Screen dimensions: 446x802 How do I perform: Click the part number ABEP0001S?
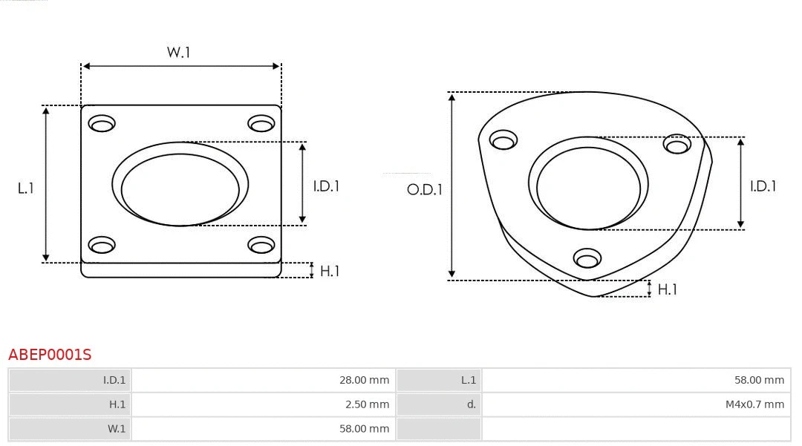[x=50, y=355]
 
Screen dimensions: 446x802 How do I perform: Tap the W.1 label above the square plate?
[x=178, y=53]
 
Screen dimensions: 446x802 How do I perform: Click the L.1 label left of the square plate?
[x=26, y=188]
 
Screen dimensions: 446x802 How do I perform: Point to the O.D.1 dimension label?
[x=425, y=190]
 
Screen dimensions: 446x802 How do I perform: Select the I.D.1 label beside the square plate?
[x=325, y=186]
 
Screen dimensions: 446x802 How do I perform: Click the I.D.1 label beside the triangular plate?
[x=763, y=186]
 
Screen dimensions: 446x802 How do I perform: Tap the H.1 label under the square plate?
[x=329, y=272]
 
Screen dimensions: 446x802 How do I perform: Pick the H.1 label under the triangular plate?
[x=667, y=289]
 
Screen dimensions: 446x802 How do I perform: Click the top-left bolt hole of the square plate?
[x=102, y=123]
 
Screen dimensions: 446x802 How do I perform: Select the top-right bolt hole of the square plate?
[x=261, y=123]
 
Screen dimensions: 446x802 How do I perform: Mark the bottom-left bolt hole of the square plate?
[x=102, y=244]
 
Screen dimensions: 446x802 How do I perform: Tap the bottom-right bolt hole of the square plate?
[x=261, y=244]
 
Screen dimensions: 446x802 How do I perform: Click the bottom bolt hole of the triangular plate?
[x=587, y=258]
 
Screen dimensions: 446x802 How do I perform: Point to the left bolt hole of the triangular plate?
[x=503, y=140]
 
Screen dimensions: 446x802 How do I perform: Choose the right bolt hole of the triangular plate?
[x=677, y=144]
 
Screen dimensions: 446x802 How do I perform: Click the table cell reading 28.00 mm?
[x=364, y=380]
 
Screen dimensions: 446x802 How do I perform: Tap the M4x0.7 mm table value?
[x=754, y=404]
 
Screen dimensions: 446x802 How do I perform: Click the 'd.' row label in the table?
[x=471, y=404]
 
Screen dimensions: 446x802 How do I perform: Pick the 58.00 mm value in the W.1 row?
[x=364, y=429]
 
